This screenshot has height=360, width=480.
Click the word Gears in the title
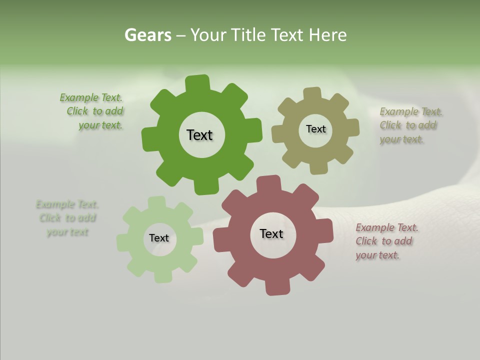[147, 35]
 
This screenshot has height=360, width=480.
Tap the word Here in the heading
[328, 35]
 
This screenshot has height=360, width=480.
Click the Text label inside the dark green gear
[199, 135]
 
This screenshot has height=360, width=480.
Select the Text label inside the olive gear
[315, 129]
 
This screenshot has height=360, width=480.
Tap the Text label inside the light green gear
[159, 238]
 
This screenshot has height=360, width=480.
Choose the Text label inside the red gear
[271, 233]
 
